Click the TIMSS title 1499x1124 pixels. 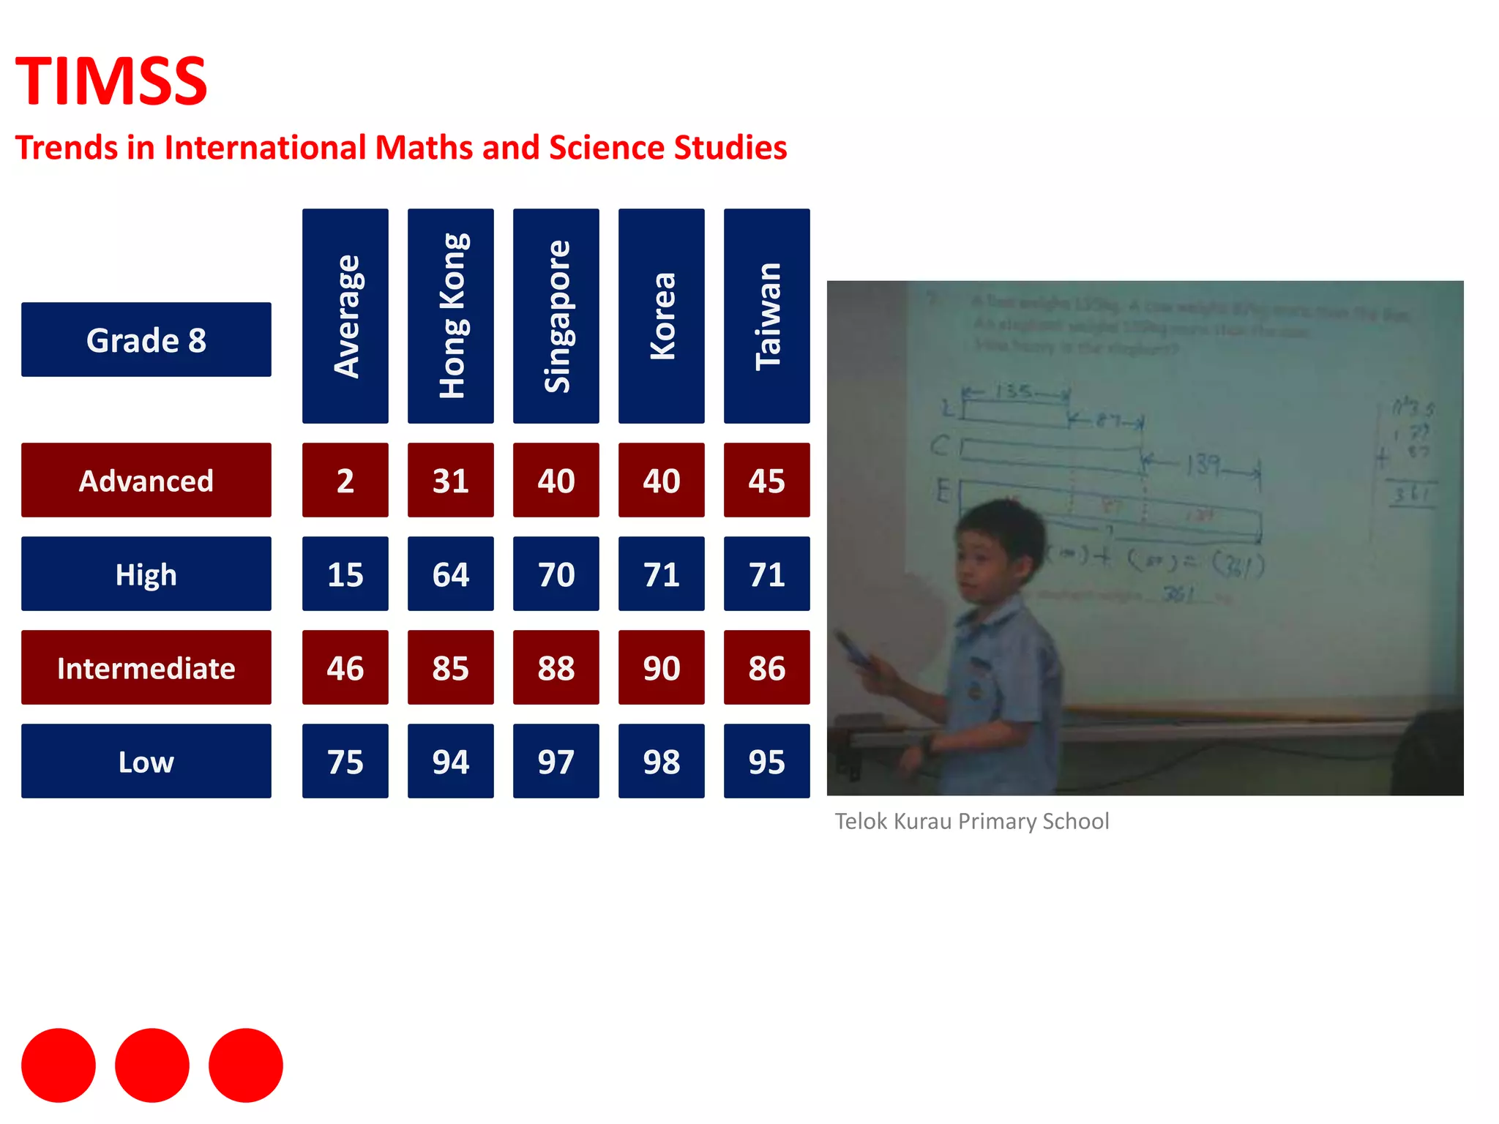point(111,81)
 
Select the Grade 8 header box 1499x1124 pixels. point(146,340)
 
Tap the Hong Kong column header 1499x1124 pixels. point(451,316)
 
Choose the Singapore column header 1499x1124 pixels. point(556,316)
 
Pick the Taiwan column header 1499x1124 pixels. point(767,316)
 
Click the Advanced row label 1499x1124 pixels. point(146,480)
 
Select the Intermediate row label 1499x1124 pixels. point(146,667)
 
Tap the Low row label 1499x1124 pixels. point(146,761)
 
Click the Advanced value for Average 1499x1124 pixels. point(345,480)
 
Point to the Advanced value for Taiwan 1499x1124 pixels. point(767,480)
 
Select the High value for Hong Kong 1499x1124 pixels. point(451,574)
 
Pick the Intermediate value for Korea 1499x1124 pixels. point(662,667)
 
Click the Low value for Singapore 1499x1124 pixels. point(556,761)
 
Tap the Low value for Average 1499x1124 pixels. point(345,761)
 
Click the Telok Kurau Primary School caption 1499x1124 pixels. point(972,821)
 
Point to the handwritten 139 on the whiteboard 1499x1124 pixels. point(1203,464)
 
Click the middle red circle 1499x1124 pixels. point(152,1065)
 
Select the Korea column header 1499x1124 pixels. point(662,316)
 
